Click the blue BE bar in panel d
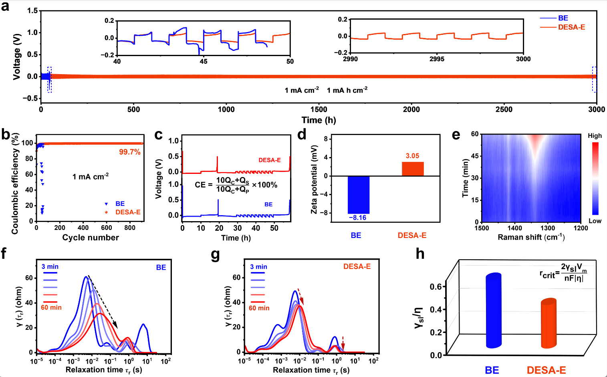[359, 195]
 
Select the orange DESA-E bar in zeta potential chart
[413, 169]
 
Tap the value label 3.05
[412, 156]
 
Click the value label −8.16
[358, 218]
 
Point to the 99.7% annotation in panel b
[129, 152]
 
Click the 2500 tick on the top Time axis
[504, 109]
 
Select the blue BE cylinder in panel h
[494, 310]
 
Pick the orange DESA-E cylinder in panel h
[549, 323]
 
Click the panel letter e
[456, 135]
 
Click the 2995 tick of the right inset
[437, 59]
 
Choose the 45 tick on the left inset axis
[204, 61]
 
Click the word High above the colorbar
[595, 136]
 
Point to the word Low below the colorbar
[595, 221]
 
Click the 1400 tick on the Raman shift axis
[515, 228]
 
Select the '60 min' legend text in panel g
[259, 308]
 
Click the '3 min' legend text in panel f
[50, 267]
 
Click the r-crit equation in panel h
[563, 272]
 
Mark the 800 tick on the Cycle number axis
[130, 228]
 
